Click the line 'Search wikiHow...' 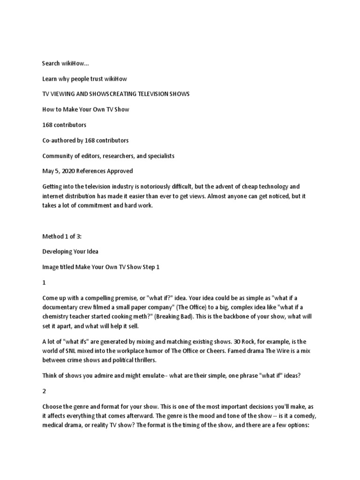pyautogui.click(x=65, y=63)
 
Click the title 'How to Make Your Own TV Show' pyautogui.click(x=85, y=109)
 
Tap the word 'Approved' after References pyautogui.click(x=122, y=171)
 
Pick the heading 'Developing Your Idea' pyautogui.click(x=70, y=252)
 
